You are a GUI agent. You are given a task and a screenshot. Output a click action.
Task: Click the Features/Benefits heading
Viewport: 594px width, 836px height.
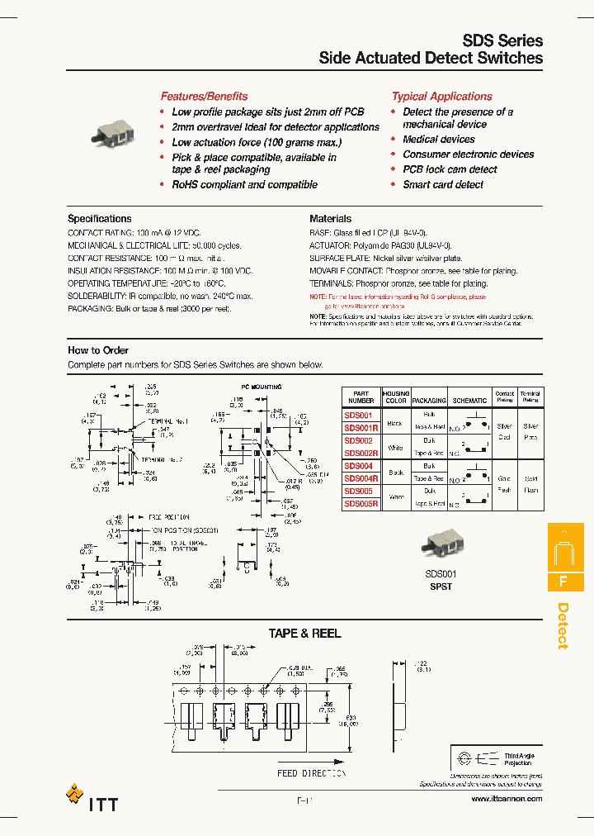(x=204, y=97)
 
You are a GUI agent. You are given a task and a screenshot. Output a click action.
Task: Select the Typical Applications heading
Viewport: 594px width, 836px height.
(x=441, y=97)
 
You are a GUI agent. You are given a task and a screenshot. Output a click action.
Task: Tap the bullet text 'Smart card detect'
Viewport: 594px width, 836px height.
(x=443, y=184)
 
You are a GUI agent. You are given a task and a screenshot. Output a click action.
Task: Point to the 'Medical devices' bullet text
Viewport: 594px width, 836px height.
(x=438, y=140)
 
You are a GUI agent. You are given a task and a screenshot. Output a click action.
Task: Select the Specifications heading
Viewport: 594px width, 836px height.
(x=99, y=219)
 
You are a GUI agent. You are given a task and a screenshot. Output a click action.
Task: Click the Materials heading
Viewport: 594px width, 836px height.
(x=330, y=219)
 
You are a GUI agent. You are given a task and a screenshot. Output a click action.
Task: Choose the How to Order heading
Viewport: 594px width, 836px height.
(x=97, y=350)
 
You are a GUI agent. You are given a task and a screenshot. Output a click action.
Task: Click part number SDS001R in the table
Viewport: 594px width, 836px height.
(x=361, y=427)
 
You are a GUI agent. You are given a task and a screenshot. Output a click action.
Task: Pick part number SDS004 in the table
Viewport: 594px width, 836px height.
(x=359, y=466)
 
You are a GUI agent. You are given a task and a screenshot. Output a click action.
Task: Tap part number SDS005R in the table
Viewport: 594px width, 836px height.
(x=361, y=503)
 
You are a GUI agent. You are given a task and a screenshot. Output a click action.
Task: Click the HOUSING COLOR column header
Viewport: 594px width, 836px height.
(x=396, y=397)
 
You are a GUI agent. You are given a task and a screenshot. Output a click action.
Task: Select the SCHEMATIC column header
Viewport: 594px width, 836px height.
(x=469, y=401)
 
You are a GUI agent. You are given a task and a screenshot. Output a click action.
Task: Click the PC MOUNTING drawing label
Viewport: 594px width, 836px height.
(x=261, y=387)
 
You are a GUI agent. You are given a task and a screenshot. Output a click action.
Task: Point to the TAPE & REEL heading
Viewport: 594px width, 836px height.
(x=304, y=634)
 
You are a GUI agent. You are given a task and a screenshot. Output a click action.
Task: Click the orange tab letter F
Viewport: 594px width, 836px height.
(x=563, y=581)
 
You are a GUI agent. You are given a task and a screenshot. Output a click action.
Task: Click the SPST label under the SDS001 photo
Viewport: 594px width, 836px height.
(x=441, y=587)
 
